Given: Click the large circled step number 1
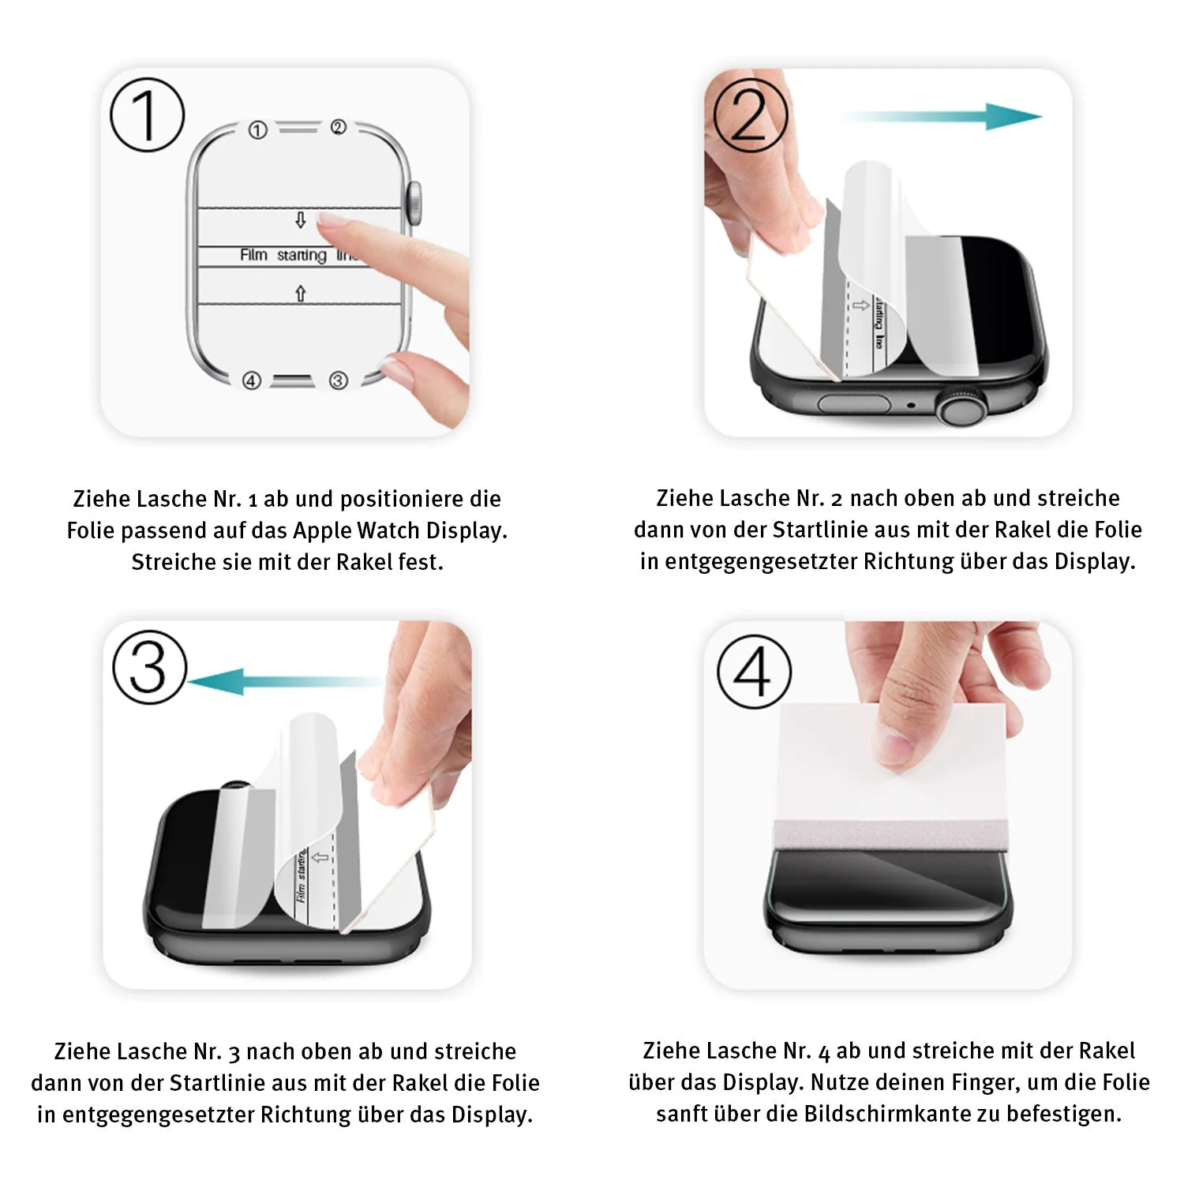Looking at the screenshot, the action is tap(147, 114).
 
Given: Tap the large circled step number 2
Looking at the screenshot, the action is tap(750, 115).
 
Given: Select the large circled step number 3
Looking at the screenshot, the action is tap(149, 668).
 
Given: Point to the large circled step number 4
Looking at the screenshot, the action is tap(754, 671).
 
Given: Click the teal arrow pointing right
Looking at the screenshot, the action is tap(941, 117).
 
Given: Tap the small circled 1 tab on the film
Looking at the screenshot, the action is tap(258, 130).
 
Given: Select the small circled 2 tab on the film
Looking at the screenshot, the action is tap(338, 127).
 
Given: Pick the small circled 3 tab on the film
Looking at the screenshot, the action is tap(338, 380).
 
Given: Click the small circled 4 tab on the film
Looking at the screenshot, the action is tap(251, 380).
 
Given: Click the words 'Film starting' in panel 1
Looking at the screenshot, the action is tap(283, 255).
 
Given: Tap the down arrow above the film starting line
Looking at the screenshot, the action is tap(300, 219).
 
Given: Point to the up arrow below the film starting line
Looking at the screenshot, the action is tap(300, 294).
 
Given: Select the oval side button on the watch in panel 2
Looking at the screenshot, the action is tap(854, 404).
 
